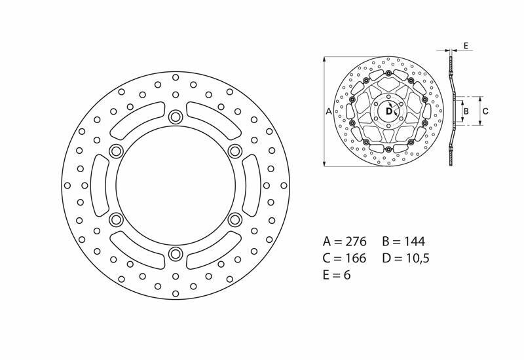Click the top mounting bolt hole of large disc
[175, 117]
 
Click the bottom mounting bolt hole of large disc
[175, 253]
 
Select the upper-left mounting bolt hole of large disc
[116, 151]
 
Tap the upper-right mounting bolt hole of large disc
[234, 151]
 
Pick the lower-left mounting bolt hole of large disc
[116, 219]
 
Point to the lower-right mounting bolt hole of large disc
[234, 219]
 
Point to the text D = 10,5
[405, 258]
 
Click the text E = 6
[337, 275]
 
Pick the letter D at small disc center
[388, 112]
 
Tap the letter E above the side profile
[465, 46]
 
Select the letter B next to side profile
[466, 111]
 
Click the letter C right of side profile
[485, 111]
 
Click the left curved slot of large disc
[99, 185]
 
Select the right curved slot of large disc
[251, 185]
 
